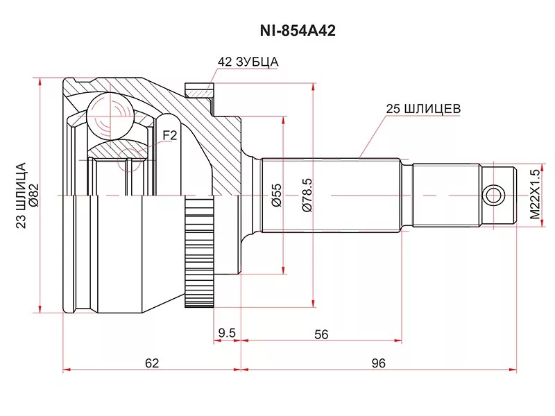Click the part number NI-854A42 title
(277, 31)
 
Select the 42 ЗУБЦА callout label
(248, 62)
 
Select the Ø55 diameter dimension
(275, 196)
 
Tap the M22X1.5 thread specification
(533, 195)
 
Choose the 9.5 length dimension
(227, 333)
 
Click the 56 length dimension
(321, 333)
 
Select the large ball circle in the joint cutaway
(109, 113)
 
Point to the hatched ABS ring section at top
(198, 91)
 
